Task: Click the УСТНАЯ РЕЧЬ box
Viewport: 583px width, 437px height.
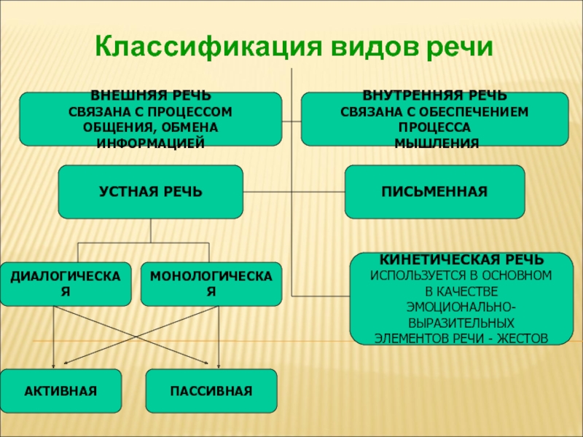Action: click(150, 192)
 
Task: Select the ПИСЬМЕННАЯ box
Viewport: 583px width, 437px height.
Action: click(434, 192)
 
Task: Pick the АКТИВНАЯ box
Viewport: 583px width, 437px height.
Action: click(60, 392)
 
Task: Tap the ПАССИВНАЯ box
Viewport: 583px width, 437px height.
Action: click(211, 392)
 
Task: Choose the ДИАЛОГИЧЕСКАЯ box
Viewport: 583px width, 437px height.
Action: click(66, 283)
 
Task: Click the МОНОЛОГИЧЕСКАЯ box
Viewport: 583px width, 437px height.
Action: click(211, 283)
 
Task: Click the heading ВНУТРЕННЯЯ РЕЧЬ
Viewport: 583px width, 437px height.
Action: click(435, 96)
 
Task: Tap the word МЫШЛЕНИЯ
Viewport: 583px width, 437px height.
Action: click(436, 144)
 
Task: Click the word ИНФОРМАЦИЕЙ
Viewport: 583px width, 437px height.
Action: click(151, 143)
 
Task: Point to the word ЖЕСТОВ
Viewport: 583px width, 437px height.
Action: click(520, 338)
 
